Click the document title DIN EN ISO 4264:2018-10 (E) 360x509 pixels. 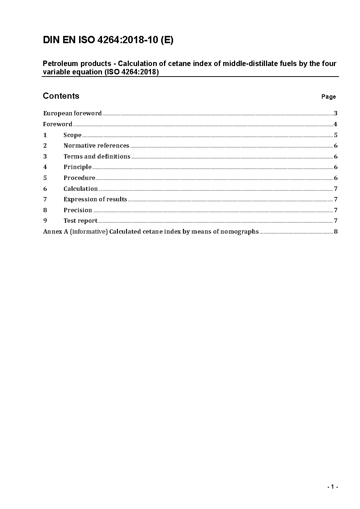108,40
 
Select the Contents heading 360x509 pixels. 61,96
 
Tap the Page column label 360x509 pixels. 328,97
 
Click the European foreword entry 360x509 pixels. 72,113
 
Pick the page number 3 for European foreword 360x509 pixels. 336,113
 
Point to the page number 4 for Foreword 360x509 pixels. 336,124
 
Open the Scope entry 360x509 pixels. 72,135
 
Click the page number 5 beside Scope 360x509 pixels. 336,135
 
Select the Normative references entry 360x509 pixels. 96,145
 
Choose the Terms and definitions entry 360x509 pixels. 97,156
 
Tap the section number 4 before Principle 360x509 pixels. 45,167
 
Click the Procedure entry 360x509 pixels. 79,178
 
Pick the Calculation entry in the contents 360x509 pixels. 81,189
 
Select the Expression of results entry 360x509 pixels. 95,199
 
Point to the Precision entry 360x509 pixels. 78,210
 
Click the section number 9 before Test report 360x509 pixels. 45,221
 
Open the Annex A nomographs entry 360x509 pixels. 151,231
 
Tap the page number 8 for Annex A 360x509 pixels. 336,231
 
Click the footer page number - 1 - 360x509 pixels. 332,487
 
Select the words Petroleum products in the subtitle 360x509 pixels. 77,63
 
